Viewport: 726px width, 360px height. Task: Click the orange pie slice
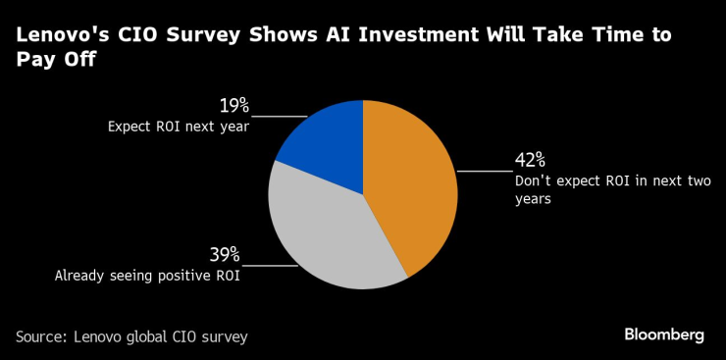click(x=412, y=186)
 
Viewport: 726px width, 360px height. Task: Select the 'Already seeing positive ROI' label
click(x=147, y=276)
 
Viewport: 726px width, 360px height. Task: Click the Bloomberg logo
click(x=664, y=334)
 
